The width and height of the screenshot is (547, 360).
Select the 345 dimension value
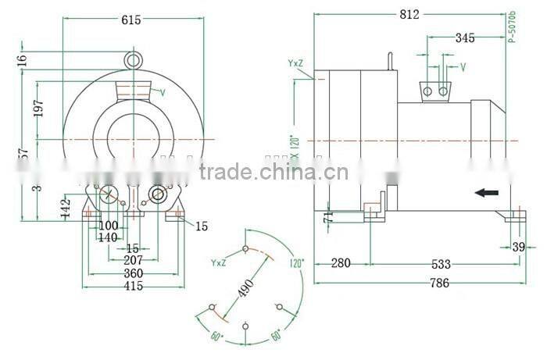tap(464, 37)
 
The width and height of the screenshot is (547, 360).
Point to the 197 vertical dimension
tap(39, 109)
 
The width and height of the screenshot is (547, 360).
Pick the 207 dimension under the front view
tap(133, 260)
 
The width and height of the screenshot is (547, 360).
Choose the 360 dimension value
tap(133, 273)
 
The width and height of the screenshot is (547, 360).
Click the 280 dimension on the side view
tap(341, 262)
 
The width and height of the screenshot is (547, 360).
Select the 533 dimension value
tap(442, 262)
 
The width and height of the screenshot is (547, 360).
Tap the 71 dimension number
tap(329, 216)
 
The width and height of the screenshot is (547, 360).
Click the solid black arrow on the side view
tap(488, 191)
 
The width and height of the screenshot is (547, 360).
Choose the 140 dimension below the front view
tap(108, 238)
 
